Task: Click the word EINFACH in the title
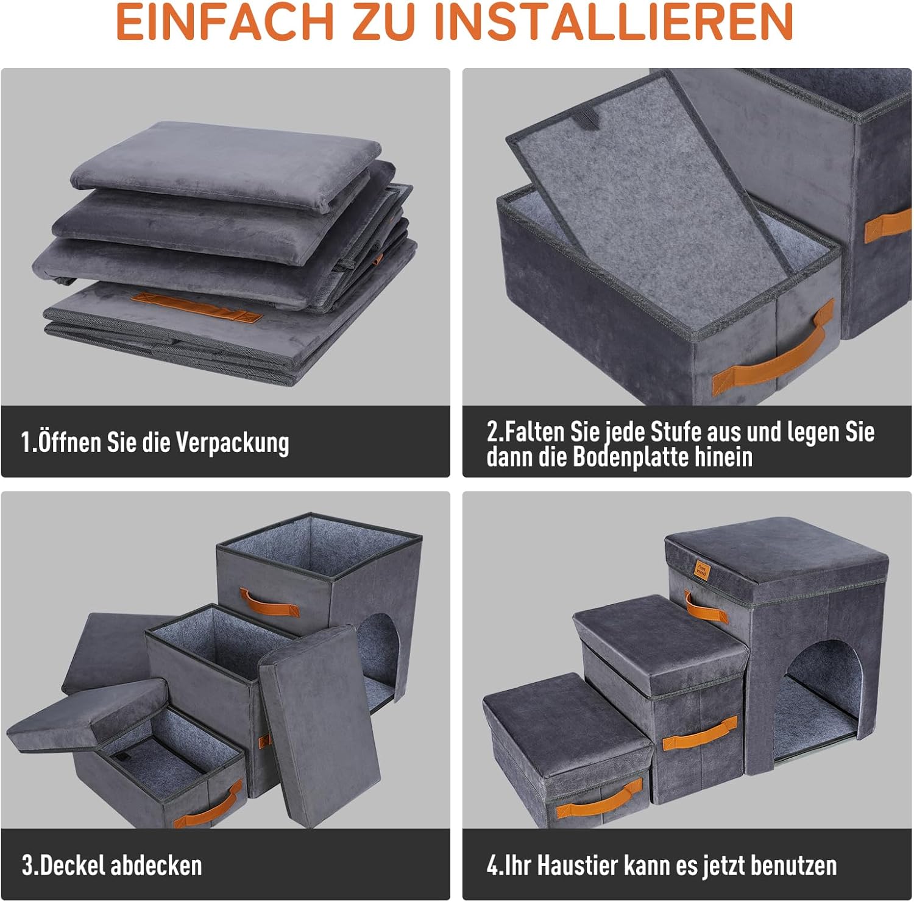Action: point(224,23)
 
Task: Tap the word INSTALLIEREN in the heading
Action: point(616,23)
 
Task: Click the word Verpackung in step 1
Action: point(233,443)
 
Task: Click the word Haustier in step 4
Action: point(581,865)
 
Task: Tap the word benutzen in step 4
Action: point(793,865)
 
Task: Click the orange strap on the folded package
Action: point(196,307)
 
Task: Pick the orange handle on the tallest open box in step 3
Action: point(269,602)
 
